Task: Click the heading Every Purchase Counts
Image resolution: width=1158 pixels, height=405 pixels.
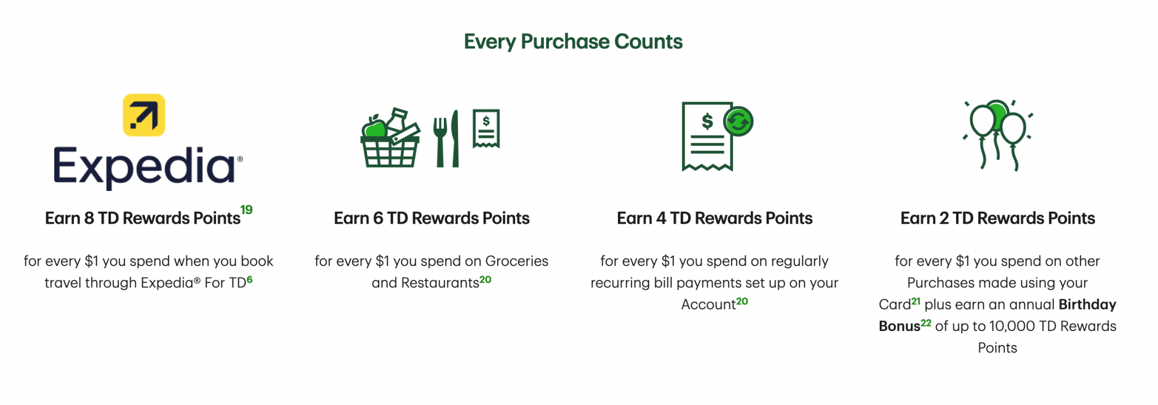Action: (x=573, y=42)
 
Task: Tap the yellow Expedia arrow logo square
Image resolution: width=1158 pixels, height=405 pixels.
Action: (x=144, y=115)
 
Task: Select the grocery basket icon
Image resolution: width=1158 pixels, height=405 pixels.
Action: (x=390, y=140)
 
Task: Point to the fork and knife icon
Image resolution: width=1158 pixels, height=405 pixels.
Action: (x=446, y=140)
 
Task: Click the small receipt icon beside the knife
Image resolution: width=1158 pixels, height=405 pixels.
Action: (x=486, y=129)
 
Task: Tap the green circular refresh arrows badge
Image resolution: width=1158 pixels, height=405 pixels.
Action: (x=738, y=121)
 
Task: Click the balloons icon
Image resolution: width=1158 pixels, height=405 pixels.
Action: (x=997, y=135)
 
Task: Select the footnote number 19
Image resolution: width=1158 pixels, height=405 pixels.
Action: (x=247, y=210)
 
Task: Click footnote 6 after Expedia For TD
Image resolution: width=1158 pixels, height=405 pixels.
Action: (x=249, y=280)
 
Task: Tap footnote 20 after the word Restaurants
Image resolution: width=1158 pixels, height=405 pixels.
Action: (x=486, y=280)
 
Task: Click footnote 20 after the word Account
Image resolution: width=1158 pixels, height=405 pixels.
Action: (x=742, y=302)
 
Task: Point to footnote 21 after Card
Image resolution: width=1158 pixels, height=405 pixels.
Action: (x=915, y=301)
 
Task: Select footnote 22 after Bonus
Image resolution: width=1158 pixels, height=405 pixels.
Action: (x=926, y=323)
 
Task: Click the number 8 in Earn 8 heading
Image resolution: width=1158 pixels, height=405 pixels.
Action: (x=89, y=219)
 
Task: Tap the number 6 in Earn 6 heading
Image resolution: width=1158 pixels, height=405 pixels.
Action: (x=378, y=219)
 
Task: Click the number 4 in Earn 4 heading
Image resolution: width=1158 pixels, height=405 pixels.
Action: (x=661, y=219)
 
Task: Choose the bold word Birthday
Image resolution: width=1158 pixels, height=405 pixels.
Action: (x=1087, y=304)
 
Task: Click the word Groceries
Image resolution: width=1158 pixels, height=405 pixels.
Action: (x=517, y=261)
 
